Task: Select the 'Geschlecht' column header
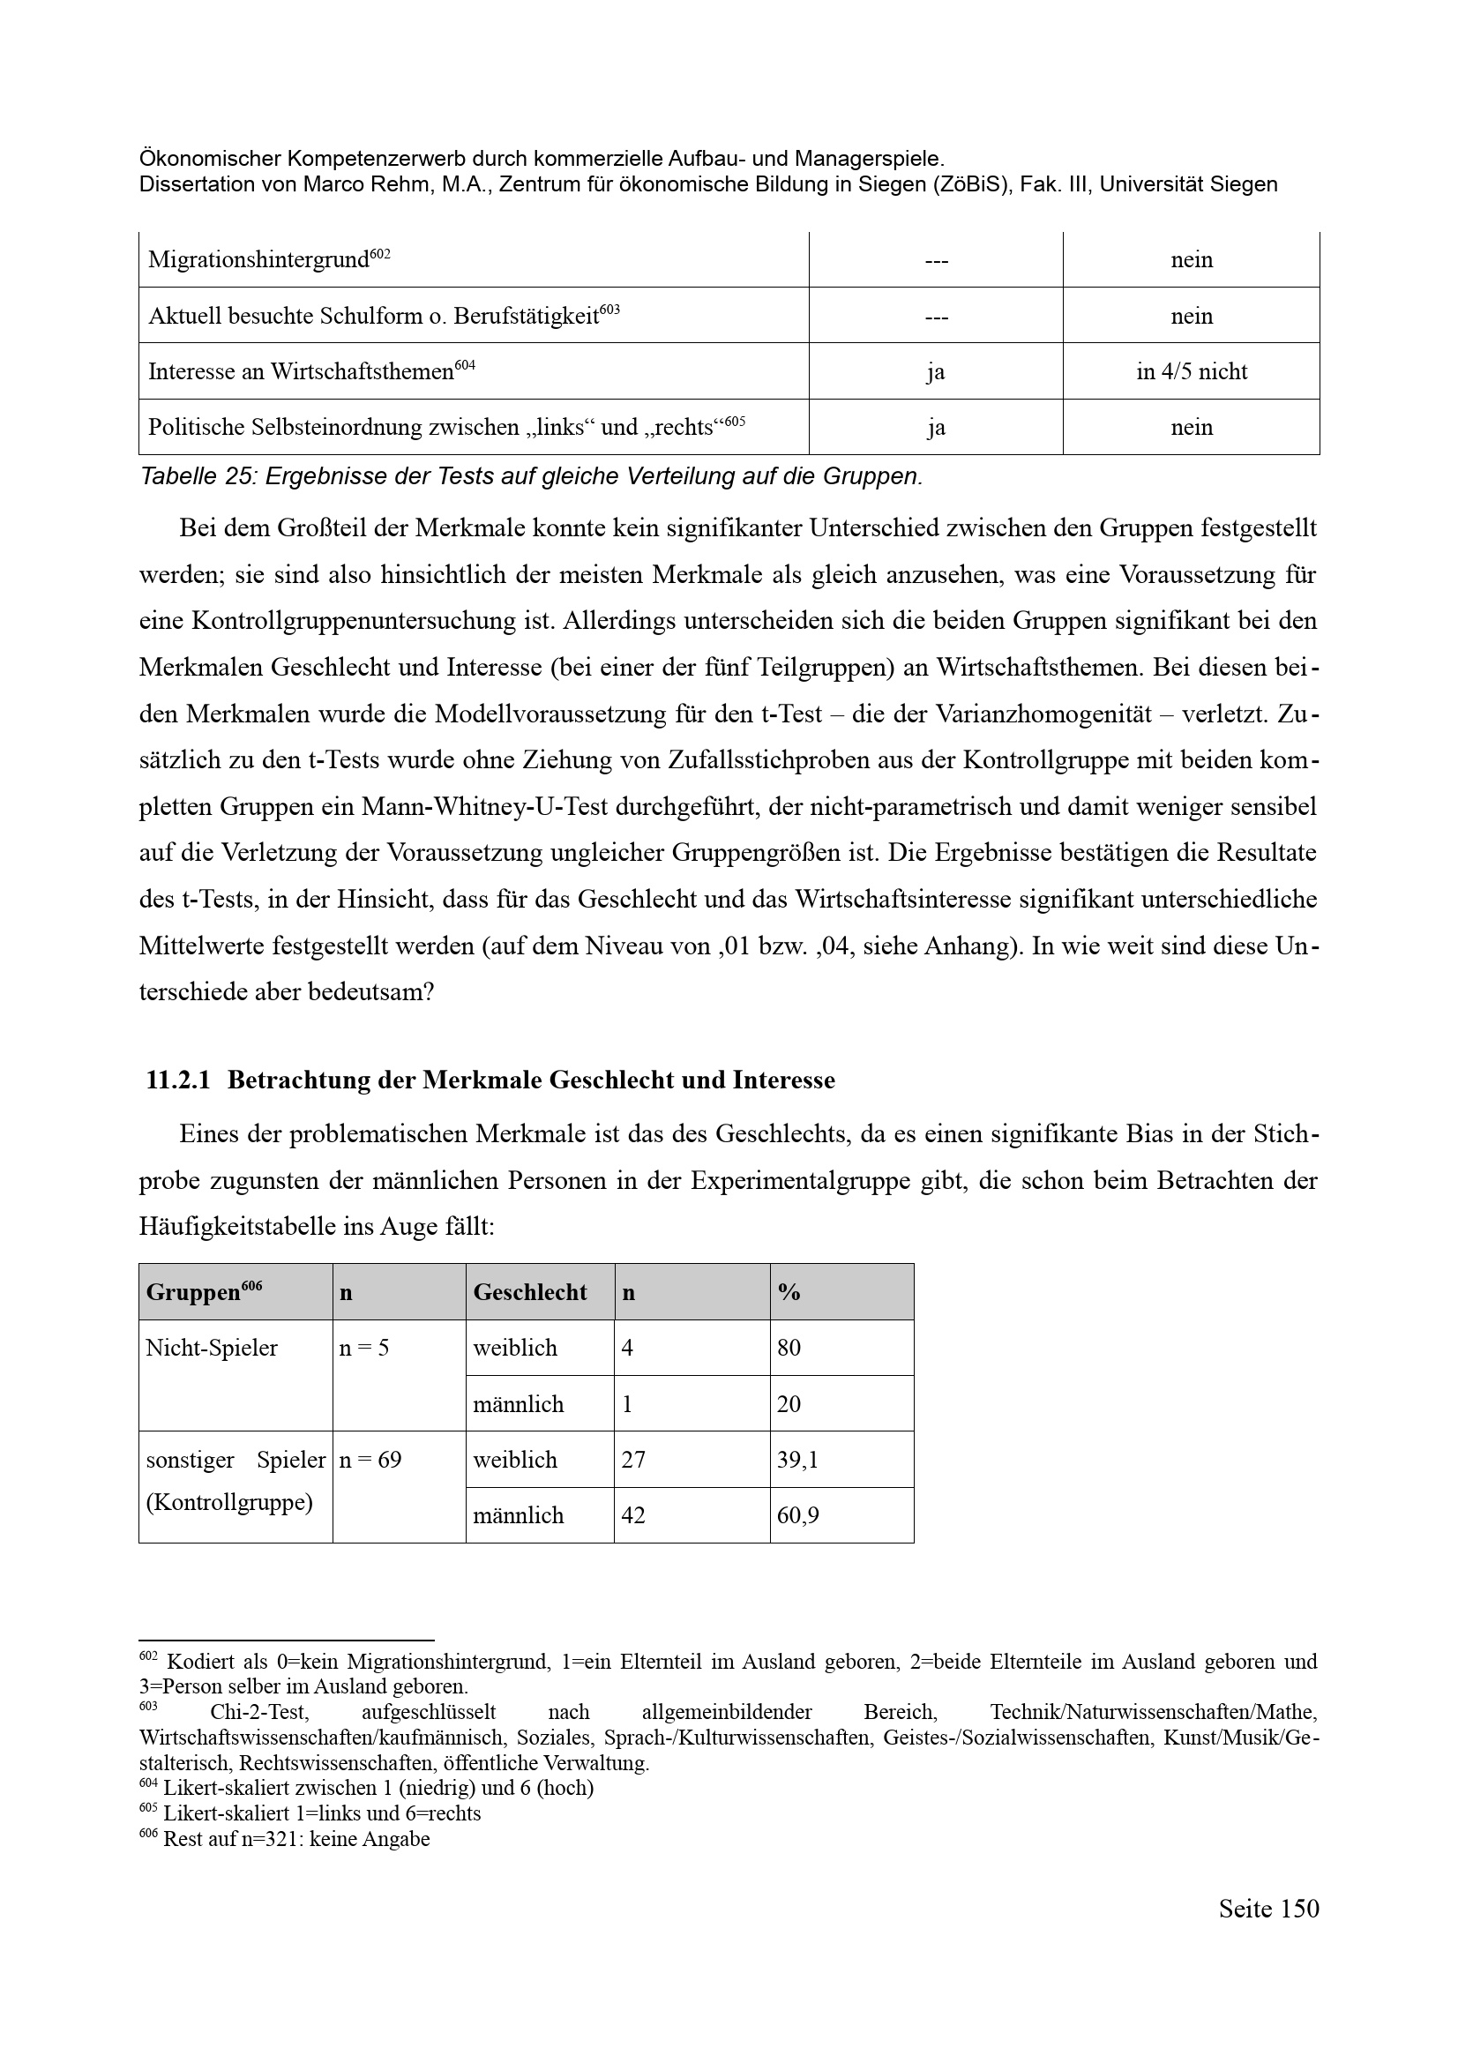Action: [530, 1292]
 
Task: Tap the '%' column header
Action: [789, 1292]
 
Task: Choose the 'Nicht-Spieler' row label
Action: [212, 1348]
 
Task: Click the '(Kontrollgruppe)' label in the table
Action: [229, 1501]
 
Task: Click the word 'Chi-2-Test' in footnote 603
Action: [258, 1713]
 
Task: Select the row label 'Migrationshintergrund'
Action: [258, 259]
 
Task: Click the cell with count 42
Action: [634, 1515]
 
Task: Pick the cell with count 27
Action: [633, 1459]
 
